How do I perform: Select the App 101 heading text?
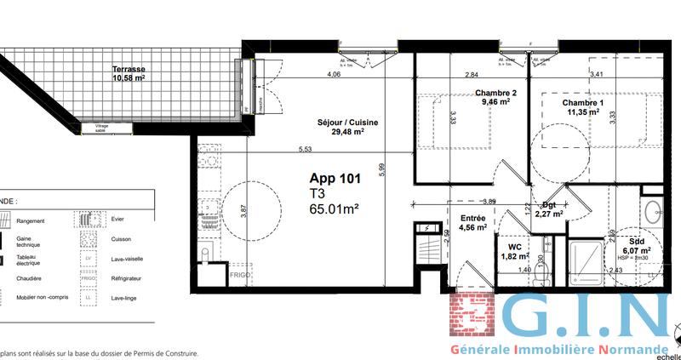pyautogui.click(x=335, y=179)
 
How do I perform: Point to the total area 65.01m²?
pyautogui.click(x=334, y=208)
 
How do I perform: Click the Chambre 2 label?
pyautogui.click(x=495, y=97)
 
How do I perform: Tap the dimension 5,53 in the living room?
pyautogui.click(x=305, y=150)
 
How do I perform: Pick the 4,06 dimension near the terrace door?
pyautogui.click(x=334, y=75)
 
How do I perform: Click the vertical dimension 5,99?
pyautogui.click(x=383, y=169)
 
